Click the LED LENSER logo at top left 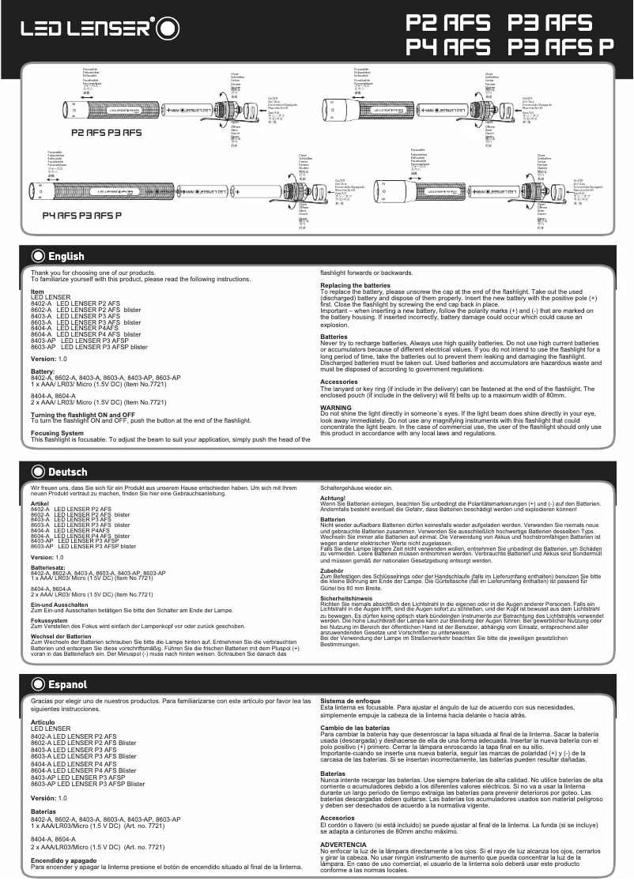85,29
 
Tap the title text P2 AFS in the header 447,21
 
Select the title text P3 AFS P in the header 560,47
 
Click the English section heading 66,256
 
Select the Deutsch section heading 67,472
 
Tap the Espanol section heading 67,684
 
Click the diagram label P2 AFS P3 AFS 106,133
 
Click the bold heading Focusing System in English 57,433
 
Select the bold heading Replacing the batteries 355,284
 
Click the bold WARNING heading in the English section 335,407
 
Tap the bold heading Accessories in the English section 338,382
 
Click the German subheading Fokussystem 49,619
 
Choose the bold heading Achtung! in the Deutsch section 333,498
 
